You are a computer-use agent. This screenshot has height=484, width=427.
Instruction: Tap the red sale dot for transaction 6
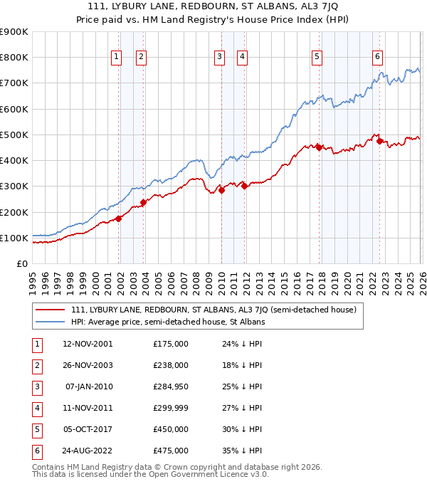point(380,141)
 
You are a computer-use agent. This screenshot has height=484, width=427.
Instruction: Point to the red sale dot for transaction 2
point(143,202)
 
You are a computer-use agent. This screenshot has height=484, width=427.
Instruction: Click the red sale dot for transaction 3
point(221,190)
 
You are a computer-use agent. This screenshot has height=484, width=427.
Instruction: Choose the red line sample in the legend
point(51,310)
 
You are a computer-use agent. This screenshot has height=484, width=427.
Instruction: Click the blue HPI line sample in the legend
point(51,322)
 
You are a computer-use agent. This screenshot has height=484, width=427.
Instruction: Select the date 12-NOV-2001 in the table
point(87,344)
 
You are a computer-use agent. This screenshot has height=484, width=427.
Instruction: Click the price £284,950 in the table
point(171,386)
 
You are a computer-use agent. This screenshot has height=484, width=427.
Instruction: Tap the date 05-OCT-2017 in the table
point(87,429)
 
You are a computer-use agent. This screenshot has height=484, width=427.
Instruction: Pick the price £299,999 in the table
point(171,408)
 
